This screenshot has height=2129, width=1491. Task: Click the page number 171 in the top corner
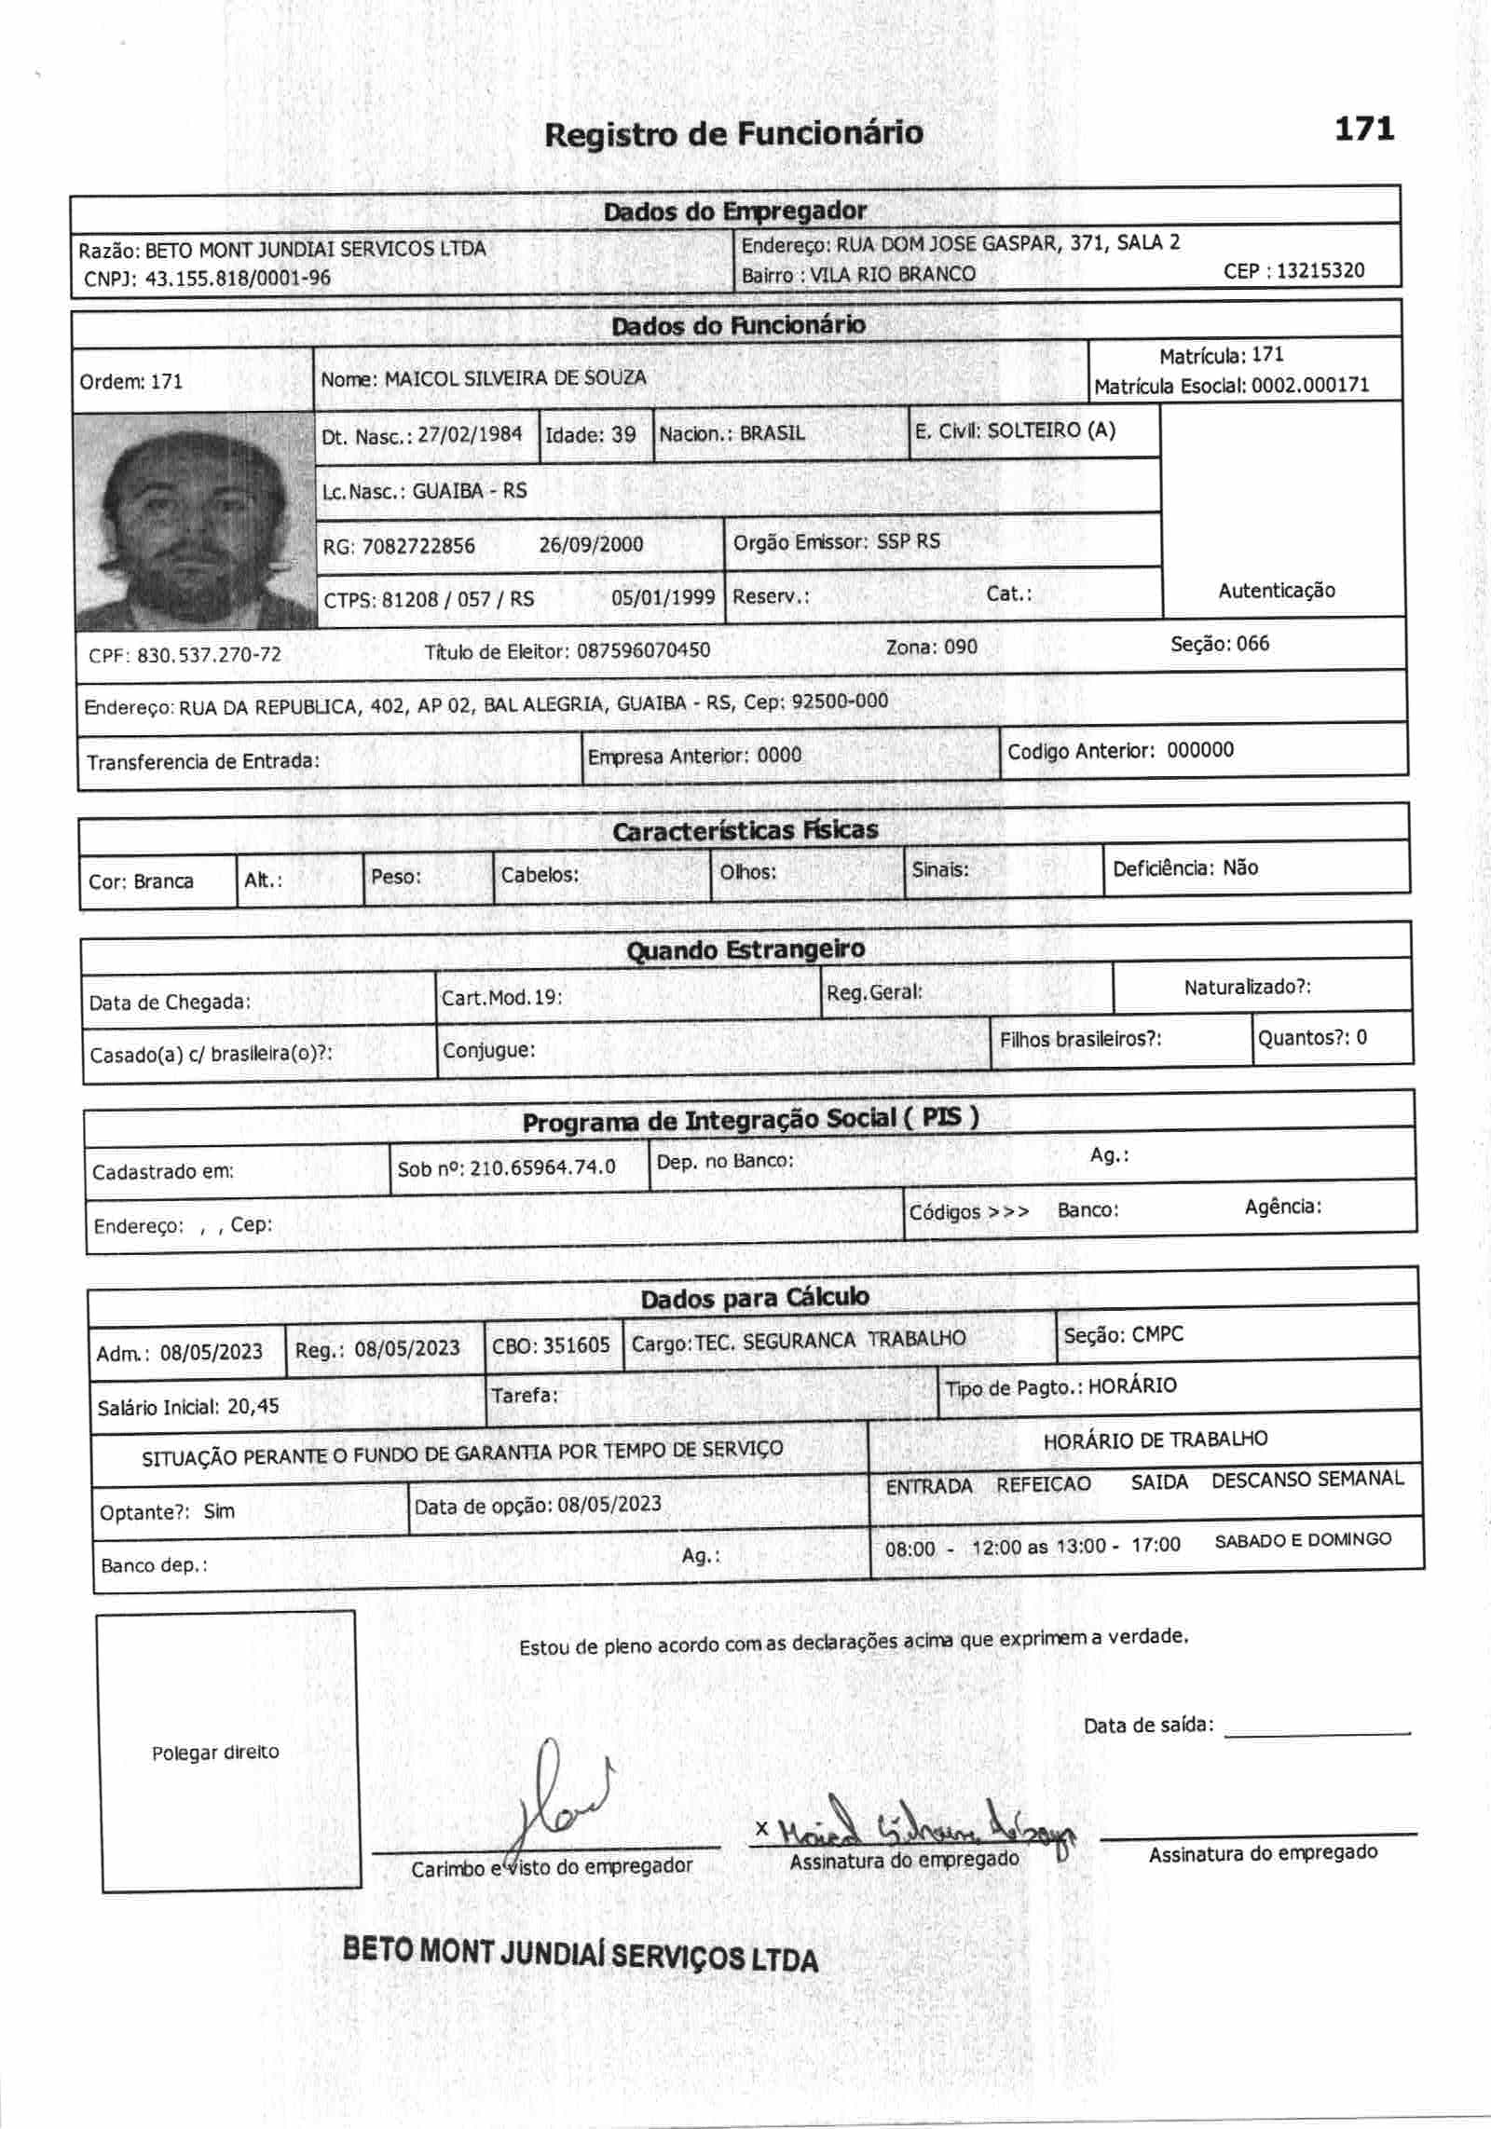point(1364,129)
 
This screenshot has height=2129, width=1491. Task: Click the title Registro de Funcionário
point(733,134)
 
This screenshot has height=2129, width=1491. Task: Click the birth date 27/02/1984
point(470,434)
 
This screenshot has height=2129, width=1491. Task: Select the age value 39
point(623,434)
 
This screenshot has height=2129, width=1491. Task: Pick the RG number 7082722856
point(417,546)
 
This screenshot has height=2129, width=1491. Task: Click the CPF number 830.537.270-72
point(209,655)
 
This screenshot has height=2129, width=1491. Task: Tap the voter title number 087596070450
point(643,650)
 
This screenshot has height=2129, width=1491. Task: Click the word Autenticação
point(1276,591)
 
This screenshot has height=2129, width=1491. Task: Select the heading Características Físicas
point(745,830)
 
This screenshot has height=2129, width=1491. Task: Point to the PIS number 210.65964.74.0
point(542,1167)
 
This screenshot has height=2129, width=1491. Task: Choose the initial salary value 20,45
point(253,1407)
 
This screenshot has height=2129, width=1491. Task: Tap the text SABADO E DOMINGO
point(1302,1540)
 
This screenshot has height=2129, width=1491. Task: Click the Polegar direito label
point(215,1753)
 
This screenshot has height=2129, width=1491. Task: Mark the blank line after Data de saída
point(1317,1731)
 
